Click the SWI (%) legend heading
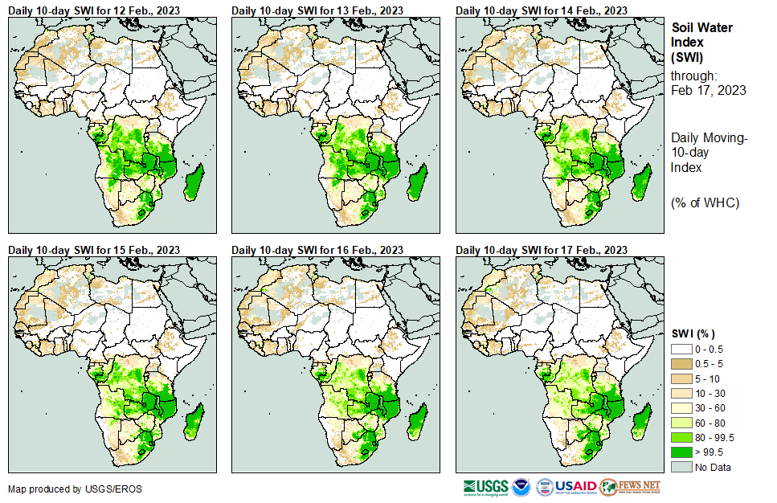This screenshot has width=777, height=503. pos(693,333)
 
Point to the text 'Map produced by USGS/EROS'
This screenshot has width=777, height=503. pos(65,489)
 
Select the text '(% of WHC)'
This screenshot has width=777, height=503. pos(705,202)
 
